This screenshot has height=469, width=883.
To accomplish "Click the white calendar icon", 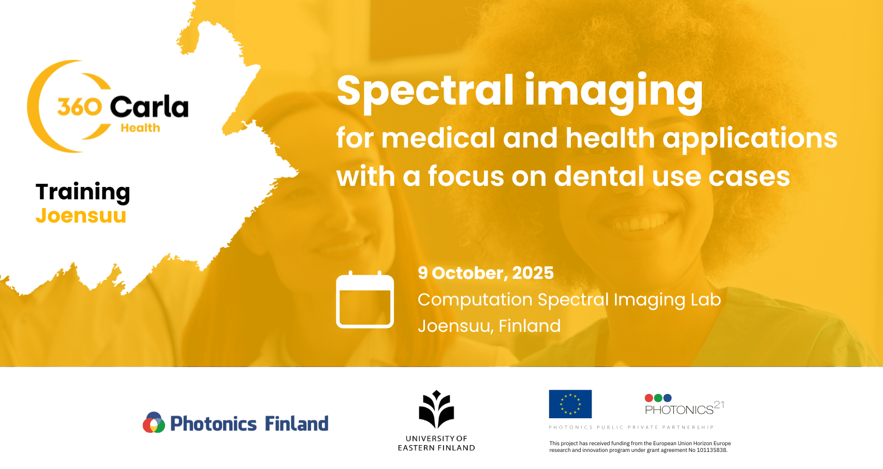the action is pyautogui.click(x=364, y=300).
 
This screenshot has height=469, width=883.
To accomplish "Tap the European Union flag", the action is pyautogui.click(x=570, y=404).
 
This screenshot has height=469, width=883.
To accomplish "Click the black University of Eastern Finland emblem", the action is pyautogui.click(x=436, y=409).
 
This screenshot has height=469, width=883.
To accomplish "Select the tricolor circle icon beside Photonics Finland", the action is pyautogui.click(x=154, y=422).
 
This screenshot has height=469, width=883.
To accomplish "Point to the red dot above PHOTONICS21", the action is pyautogui.click(x=649, y=398).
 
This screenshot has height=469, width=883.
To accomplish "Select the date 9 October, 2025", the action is pyautogui.click(x=485, y=273).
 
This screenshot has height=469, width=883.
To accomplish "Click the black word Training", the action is pyautogui.click(x=83, y=193).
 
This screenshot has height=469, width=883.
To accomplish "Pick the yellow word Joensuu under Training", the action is pyautogui.click(x=81, y=215).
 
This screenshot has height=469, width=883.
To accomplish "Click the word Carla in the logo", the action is pyautogui.click(x=149, y=107).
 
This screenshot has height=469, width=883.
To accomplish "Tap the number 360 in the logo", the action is pyautogui.click(x=80, y=107).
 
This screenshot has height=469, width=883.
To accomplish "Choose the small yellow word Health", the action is pyautogui.click(x=140, y=128).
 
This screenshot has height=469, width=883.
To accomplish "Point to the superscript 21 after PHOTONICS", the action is pyautogui.click(x=719, y=405).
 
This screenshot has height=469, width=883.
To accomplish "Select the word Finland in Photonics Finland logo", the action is pyautogui.click(x=297, y=423).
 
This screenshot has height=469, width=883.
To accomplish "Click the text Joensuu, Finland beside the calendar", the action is pyautogui.click(x=489, y=326).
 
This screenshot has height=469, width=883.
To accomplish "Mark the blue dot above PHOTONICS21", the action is pyautogui.click(x=667, y=398).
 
